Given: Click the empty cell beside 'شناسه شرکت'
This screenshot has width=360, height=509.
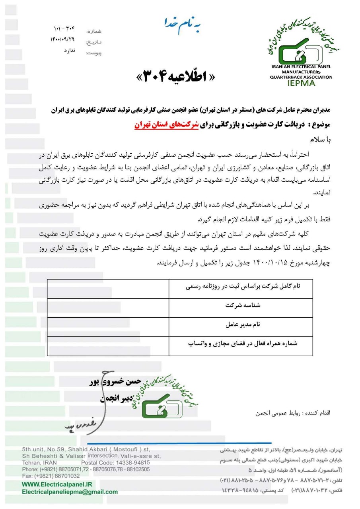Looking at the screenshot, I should coord(107,307).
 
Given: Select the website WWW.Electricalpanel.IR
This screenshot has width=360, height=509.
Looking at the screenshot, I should coord(57,484).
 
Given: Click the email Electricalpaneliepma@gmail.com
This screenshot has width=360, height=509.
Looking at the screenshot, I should coord(70,492).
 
